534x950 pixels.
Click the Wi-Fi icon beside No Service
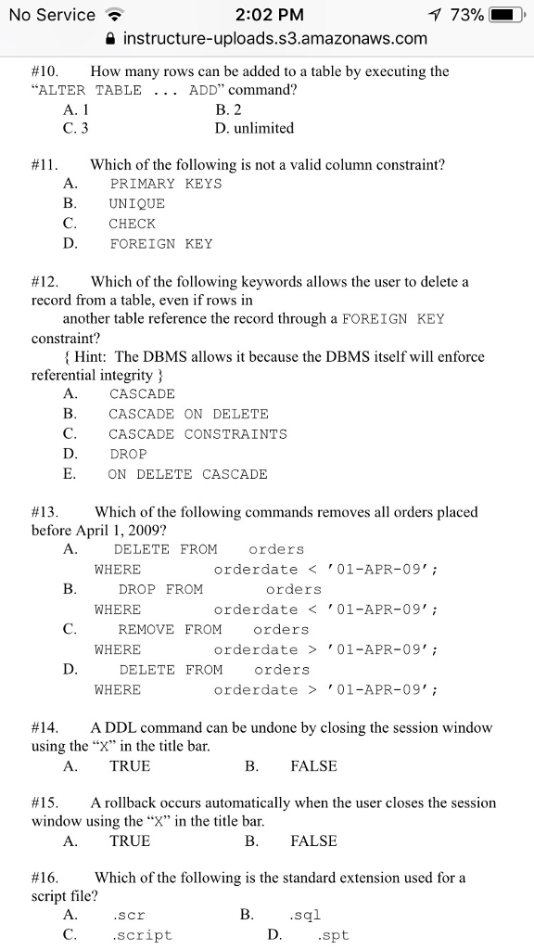[x=115, y=15]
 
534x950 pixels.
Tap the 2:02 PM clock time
[x=269, y=15]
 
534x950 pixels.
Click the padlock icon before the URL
[x=111, y=39]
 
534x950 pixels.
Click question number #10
[x=44, y=71]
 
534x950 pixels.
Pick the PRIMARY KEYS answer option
[x=165, y=184]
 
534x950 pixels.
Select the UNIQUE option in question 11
[x=136, y=204]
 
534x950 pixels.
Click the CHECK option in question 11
[x=132, y=224]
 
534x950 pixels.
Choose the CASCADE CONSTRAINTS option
[x=197, y=434]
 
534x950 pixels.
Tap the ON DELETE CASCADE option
[x=187, y=474]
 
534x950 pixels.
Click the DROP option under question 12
[x=128, y=455]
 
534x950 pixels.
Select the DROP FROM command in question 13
[x=160, y=589]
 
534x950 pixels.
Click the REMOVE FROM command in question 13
[x=170, y=629]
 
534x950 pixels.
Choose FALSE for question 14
[x=313, y=766]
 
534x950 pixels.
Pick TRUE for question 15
[x=130, y=841]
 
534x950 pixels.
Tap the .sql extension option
[x=305, y=916]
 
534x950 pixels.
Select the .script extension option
[x=142, y=935]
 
